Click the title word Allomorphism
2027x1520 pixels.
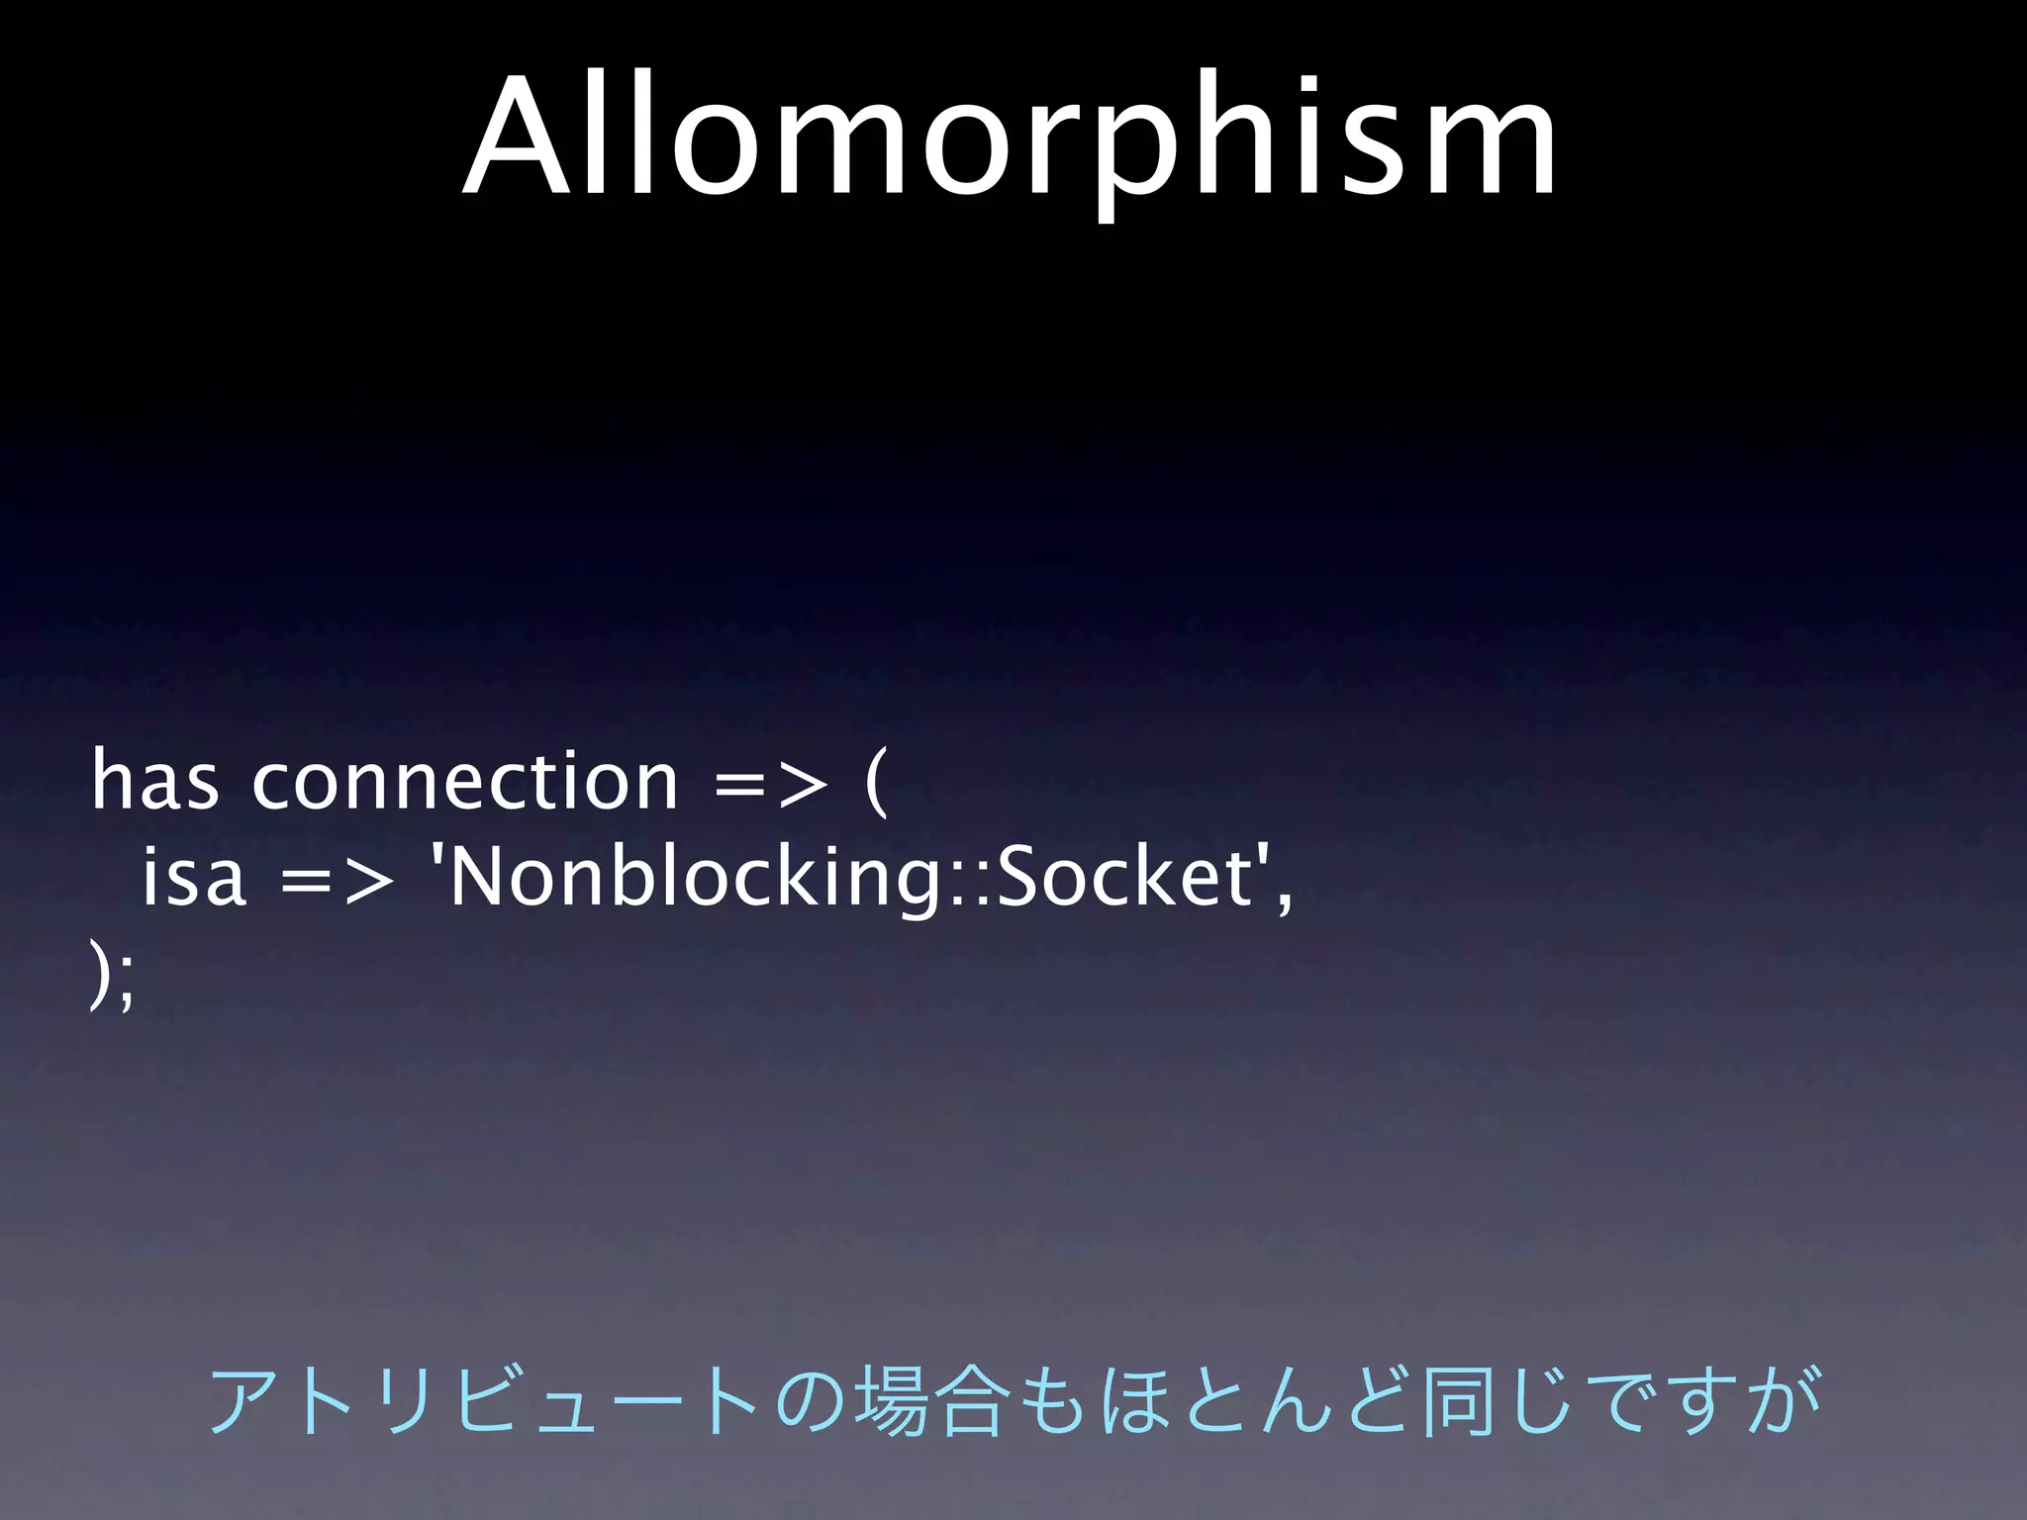coord(1010,139)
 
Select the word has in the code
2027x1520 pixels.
coord(154,782)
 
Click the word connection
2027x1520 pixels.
coord(465,782)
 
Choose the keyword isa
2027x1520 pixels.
coord(193,877)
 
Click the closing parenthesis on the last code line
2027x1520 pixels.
coord(98,974)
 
